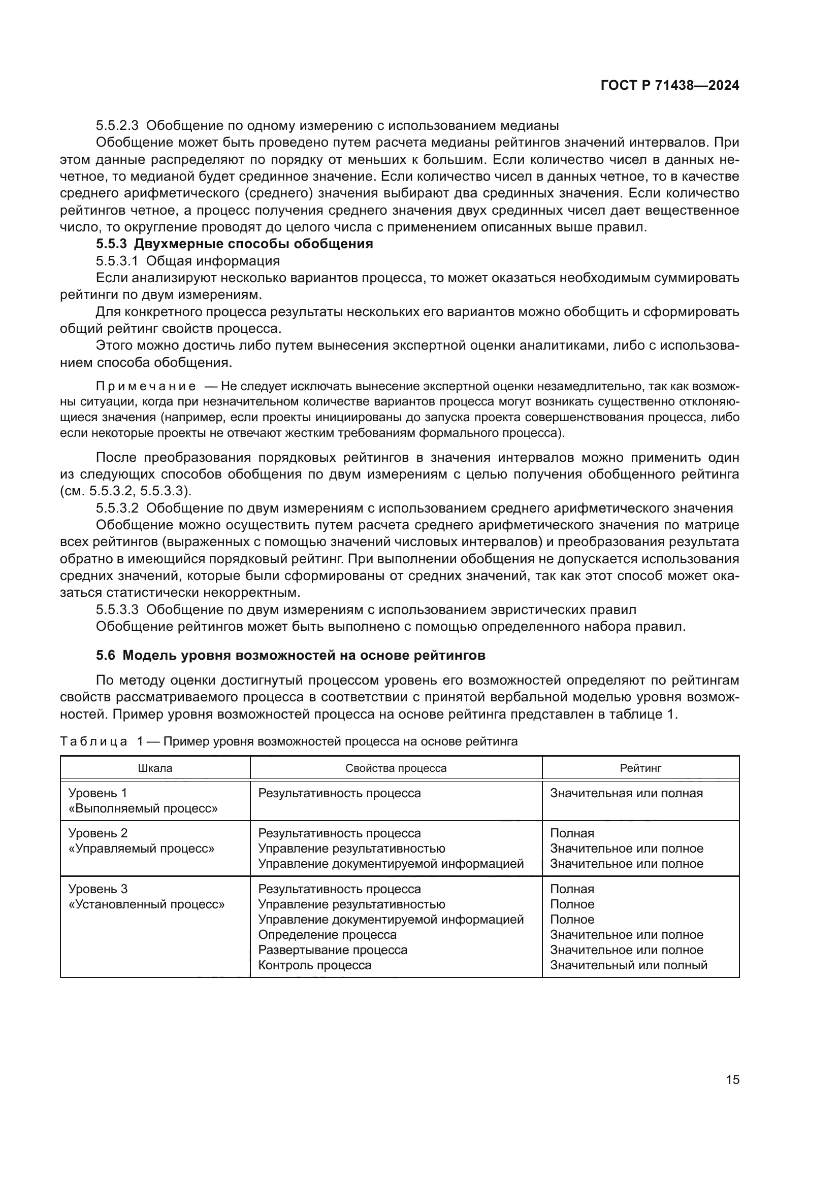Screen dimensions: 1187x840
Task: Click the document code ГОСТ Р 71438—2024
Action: pyautogui.click(x=669, y=86)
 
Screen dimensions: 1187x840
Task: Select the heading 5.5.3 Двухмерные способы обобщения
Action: pyautogui.click(x=234, y=244)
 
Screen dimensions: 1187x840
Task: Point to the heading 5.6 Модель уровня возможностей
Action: pyautogui.click(x=290, y=655)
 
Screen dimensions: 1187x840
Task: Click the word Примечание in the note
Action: pyautogui.click(x=146, y=386)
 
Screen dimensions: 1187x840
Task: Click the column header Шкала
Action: pyautogui.click(x=155, y=768)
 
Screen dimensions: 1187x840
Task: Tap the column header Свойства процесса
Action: pyautogui.click(x=396, y=768)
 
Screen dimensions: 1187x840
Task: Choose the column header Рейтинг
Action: pyautogui.click(x=640, y=768)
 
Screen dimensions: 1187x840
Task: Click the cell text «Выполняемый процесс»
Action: pyautogui.click(x=143, y=808)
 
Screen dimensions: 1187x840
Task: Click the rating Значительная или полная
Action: pyautogui.click(x=626, y=793)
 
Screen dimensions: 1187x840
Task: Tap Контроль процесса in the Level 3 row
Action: pyautogui.click(x=314, y=965)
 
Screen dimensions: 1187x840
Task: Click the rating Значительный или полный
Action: pyautogui.click(x=628, y=965)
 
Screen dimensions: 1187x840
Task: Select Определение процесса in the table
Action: pyautogui.click(x=327, y=935)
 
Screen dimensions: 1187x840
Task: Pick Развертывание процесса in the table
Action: pyautogui.click(x=333, y=949)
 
